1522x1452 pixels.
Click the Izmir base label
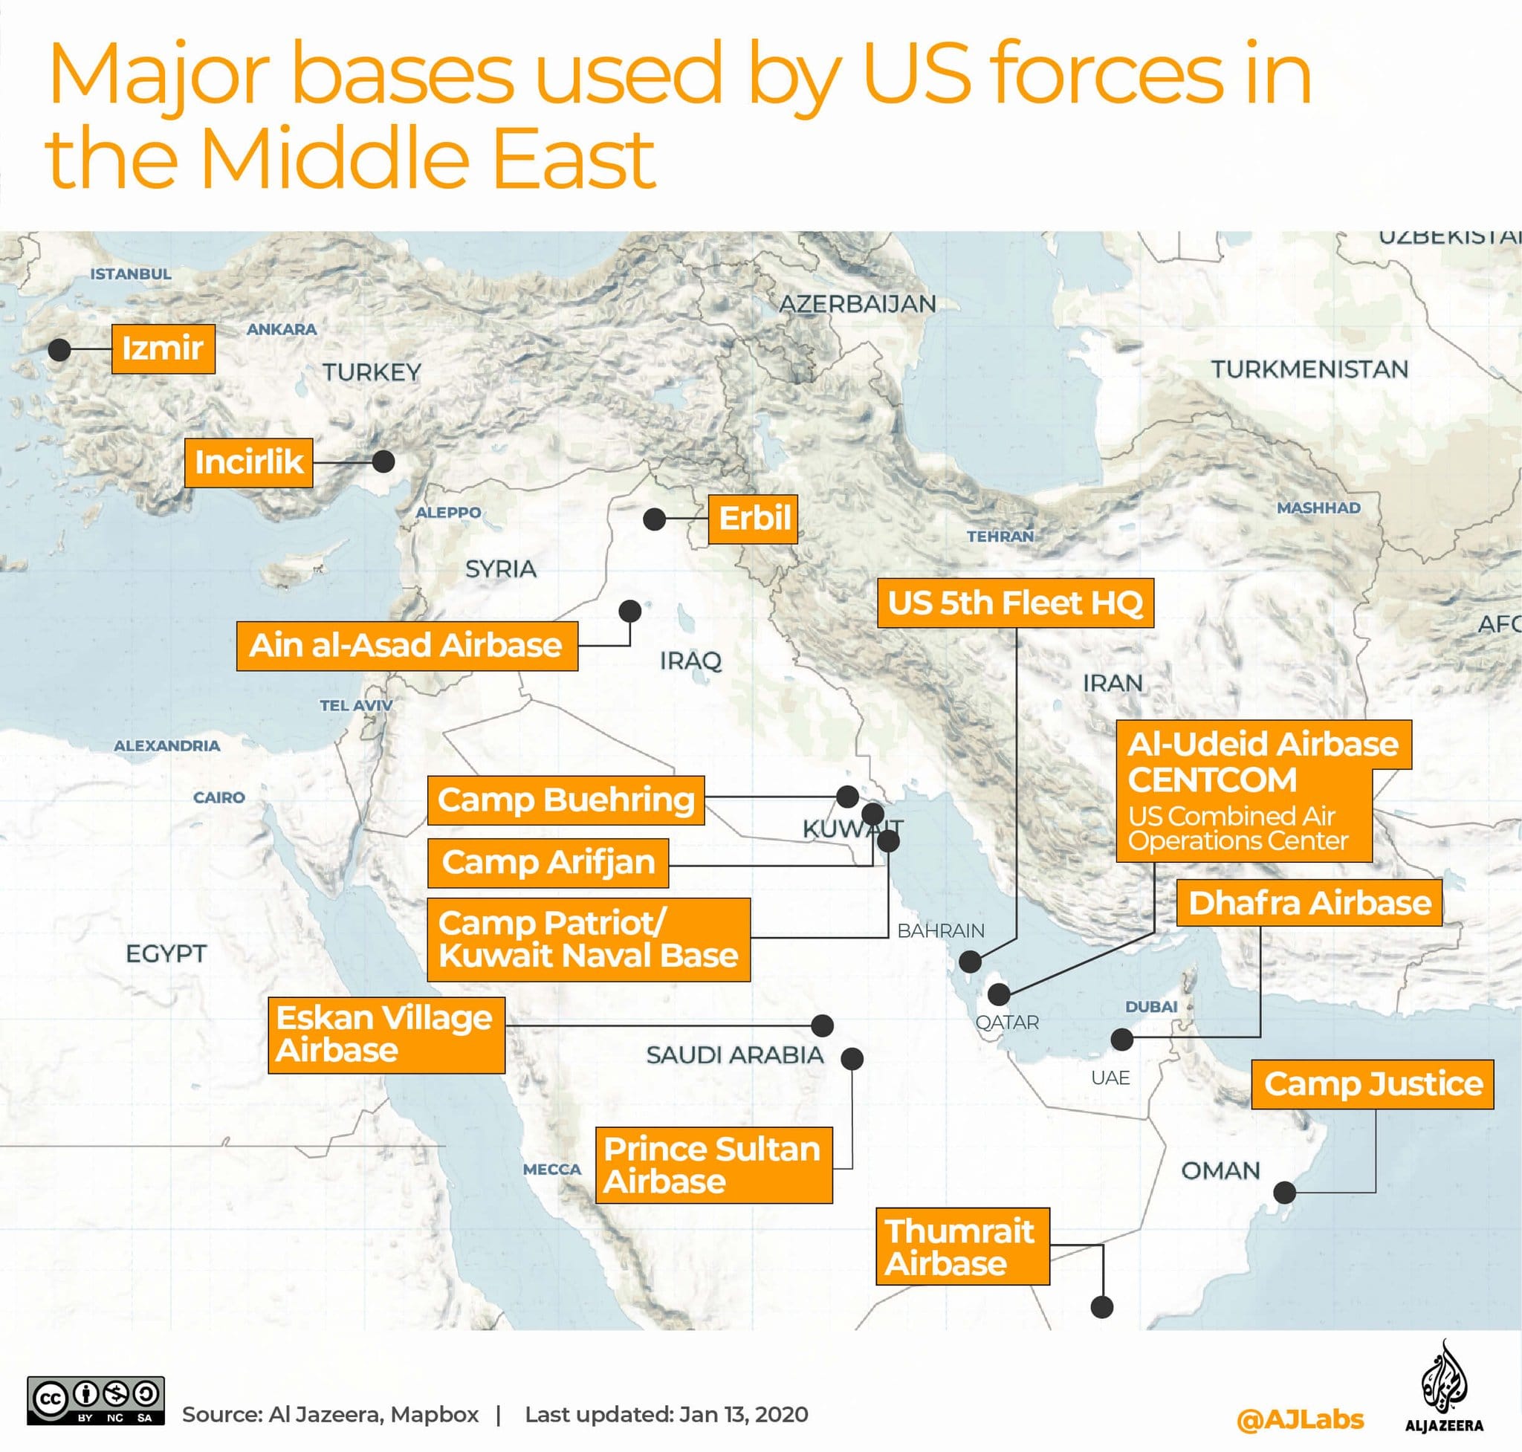click(x=163, y=349)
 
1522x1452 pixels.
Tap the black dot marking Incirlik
click(x=383, y=461)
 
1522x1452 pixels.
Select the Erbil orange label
click(x=754, y=518)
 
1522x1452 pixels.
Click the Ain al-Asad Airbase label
click(x=407, y=645)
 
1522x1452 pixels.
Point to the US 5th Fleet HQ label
click(x=1015, y=602)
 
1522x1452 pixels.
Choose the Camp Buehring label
click(x=565, y=800)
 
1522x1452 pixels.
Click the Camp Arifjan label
click(x=548, y=861)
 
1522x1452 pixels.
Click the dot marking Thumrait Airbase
click(x=1101, y=1307)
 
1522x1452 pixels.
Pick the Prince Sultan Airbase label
click(x=713, y=1165)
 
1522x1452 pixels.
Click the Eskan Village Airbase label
click(x=386, y=1034)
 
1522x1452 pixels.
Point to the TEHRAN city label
click(x=1000, y=536)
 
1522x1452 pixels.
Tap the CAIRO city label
click(x=219, y=797)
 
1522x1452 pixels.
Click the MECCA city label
click(x=551, y=1169)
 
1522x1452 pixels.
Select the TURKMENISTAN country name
click(x=1309, y=369)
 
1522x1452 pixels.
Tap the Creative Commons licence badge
click(x=96, y=1400)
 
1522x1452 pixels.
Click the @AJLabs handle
click(x=1300, y=1419)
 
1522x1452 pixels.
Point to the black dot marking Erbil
click(x=654, y=519)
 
